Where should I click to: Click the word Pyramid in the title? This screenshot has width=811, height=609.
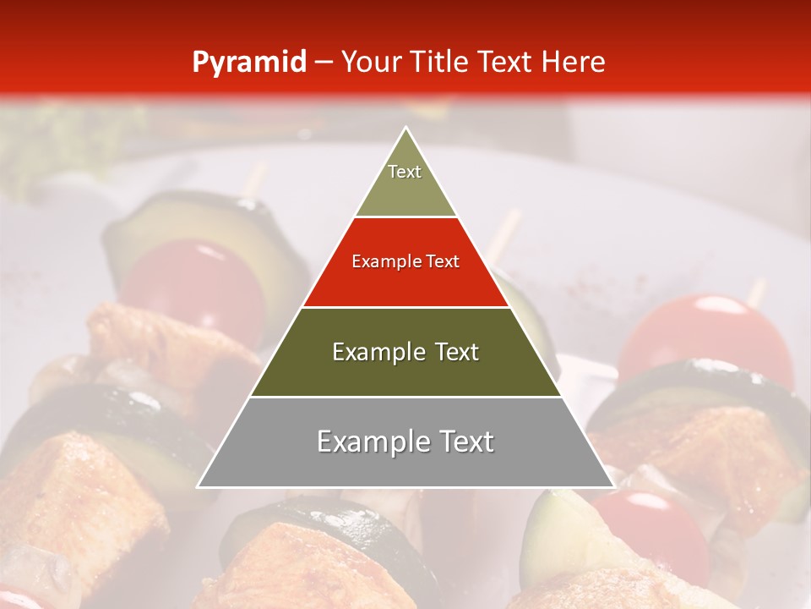(x=249, y=63)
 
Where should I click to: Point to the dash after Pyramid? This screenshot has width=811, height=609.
(x=324, y=63)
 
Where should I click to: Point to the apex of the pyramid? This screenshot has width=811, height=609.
(x=405, y=129)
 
